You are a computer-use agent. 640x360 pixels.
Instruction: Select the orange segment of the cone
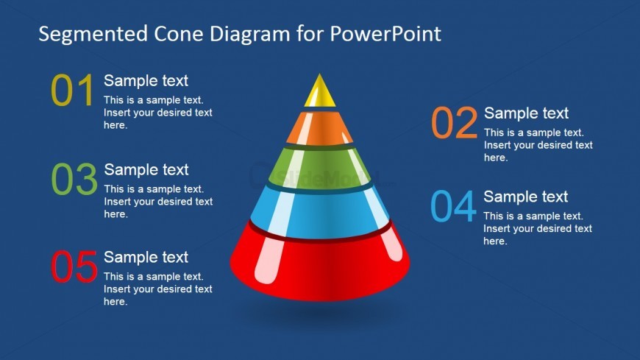(319, 129)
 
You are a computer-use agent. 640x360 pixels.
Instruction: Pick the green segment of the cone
(319, 168)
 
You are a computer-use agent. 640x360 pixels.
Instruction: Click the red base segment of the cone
(319, 265)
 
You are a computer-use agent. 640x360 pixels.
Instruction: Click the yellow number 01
(73, 91)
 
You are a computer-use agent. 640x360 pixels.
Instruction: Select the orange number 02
(454, 124)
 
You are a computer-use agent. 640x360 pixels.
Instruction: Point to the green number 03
(74, 180)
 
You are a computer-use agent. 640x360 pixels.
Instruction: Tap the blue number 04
(453, 207)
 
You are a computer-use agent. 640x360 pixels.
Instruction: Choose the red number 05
(74, 267)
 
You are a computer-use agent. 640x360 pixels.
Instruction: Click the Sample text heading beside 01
(146, 81)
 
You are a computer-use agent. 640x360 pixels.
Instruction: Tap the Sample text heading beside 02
(526, 113)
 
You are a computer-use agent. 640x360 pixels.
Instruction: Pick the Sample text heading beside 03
(146, 170)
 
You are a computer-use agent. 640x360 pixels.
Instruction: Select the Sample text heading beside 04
(525, 197)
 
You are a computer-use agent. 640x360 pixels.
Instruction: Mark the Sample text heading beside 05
(146, 257)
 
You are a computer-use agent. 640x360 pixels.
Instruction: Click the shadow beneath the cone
(320, 313)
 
